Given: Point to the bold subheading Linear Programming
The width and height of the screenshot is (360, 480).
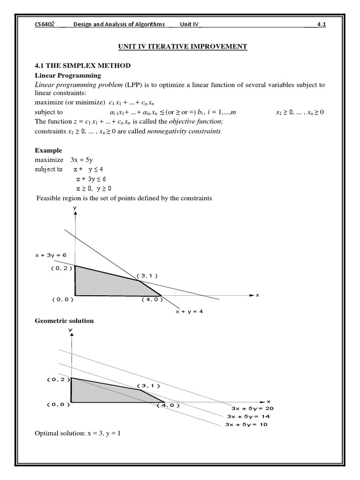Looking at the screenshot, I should (x=68, y=75).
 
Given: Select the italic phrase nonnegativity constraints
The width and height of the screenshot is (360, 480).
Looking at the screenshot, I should (x=184, y=131).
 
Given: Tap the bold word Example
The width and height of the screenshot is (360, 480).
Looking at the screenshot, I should (x=48, y=150).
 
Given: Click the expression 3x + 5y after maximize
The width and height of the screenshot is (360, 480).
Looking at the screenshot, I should (x=82, y=160).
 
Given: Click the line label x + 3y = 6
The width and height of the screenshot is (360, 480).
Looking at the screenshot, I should (x=51, y=255).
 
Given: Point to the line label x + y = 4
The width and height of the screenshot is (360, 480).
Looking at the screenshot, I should (x=188, y=311).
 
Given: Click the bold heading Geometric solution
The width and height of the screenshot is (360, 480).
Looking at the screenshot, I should (x=65, y=321).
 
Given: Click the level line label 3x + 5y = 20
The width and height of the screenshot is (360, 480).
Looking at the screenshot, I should (x=250, y=408).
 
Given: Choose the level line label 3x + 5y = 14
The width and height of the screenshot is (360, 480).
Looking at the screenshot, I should (x=248, y=416).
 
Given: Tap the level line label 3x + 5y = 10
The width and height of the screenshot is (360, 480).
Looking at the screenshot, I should (x=247, y=425).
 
